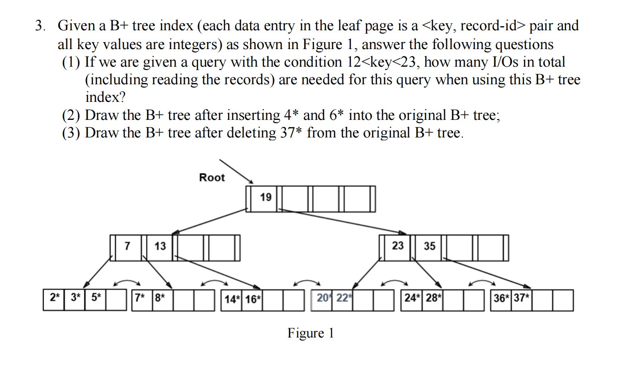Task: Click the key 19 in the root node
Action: coord(266,198)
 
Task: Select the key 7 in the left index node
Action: coord(127,246)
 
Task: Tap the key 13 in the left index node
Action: coord(160,246)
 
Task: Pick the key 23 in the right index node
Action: coord(397,246)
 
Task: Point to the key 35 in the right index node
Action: coord(429,246)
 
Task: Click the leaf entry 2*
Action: coord(54,297)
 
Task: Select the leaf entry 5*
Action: coord(96,297)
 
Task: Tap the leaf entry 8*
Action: coord(160,297)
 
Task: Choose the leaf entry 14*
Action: coord(232,299)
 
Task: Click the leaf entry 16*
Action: coord(253,299)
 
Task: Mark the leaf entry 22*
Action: coord(343,298)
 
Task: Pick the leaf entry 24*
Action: coord(411,298)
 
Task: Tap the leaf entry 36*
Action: coord(501,298)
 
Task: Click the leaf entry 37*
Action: coord(521,298)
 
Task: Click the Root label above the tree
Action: coord(212,178)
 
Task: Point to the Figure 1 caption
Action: coord(310,333)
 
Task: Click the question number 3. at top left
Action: coord(40,26)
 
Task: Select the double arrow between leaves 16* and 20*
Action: coord(307,283)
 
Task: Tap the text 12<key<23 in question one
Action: coord(381,62)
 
